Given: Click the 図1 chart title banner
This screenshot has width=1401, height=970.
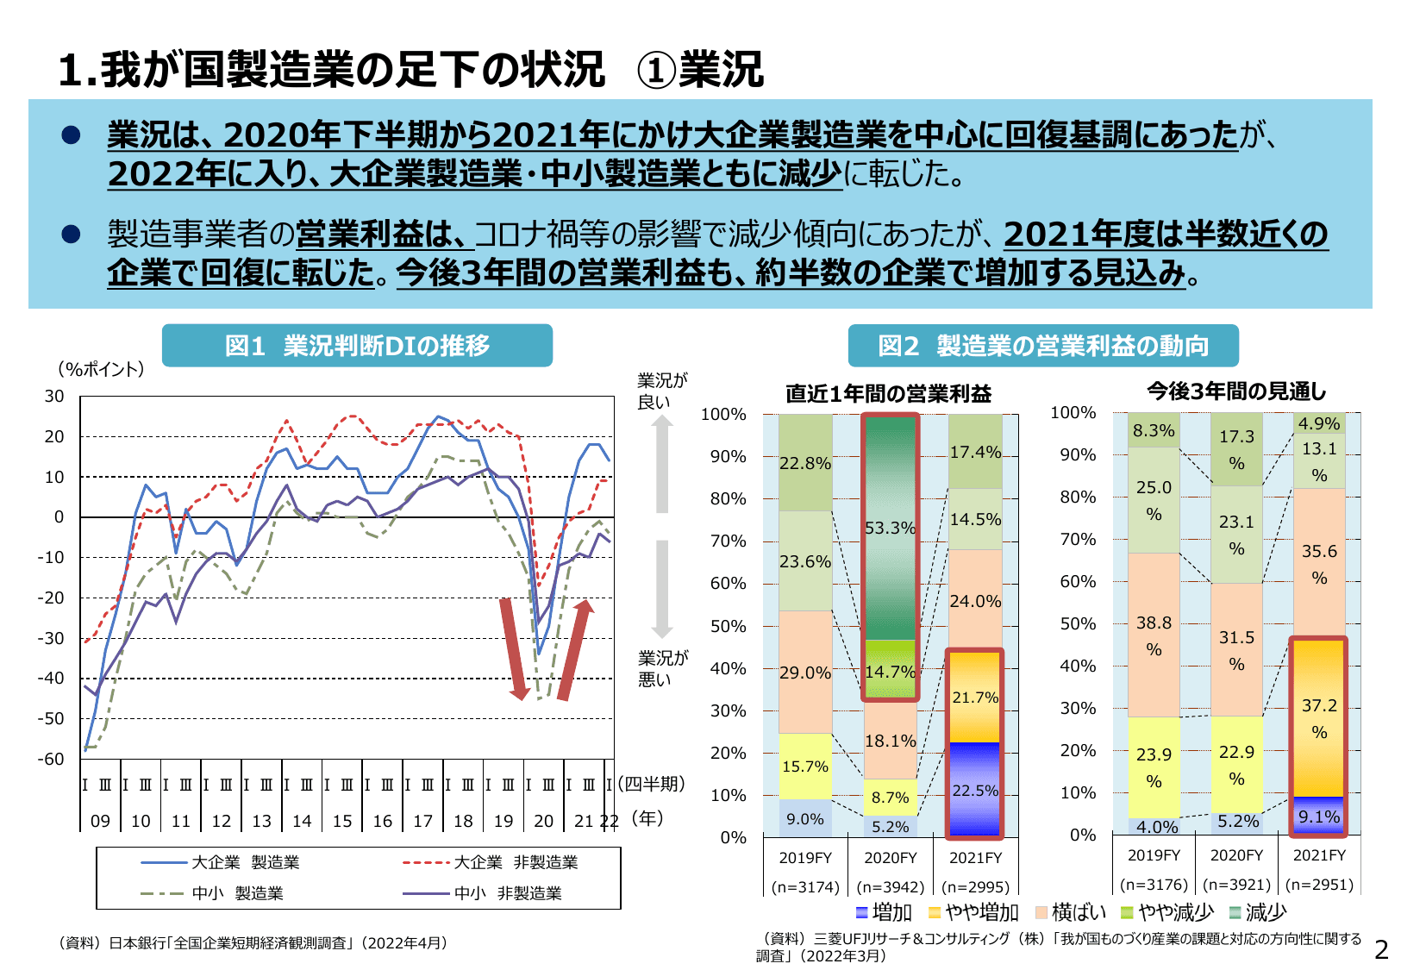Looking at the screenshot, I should pyautogui.click(x=357, y=346).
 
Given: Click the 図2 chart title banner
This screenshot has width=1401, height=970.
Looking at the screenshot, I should pyautogui.click(x=1042, y=346).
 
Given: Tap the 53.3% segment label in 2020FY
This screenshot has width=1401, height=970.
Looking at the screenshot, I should pyautogui.click(x=890, y=528).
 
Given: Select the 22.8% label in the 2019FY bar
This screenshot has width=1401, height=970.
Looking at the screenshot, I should pyautogui.click(x=805, y=463).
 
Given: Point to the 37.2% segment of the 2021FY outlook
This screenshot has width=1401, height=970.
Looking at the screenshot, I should pyautogui.click(x=1318, y=718).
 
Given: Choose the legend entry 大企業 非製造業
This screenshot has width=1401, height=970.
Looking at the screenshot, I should pyautogui.click(x=515, y=862).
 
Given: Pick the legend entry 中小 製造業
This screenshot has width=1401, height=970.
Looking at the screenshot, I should pyautogui.click(x=236, y=893).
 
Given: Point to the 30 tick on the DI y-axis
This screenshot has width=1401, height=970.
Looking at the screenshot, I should pyautogui.click(x=54, y=396).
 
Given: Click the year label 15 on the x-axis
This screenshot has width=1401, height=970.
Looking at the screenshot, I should pyautogui.click(x=342, y=821).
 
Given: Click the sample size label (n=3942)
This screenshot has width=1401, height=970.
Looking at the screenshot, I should pyautogui.click(x=890, y=886).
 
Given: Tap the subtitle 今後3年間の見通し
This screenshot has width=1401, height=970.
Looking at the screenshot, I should pyautogui.click(x=1236, y=391).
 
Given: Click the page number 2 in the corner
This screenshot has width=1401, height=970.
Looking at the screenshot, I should pyautogui.click(x=1381, y=950).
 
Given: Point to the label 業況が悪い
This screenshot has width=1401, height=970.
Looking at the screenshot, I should pyautogui.click(x=662, y=668).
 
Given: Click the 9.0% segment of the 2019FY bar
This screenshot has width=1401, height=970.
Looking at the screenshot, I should pyautogui.click(x=805, y=818).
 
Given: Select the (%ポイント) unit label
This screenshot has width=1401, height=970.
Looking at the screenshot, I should pyautogui.click(x=101, y=369).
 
